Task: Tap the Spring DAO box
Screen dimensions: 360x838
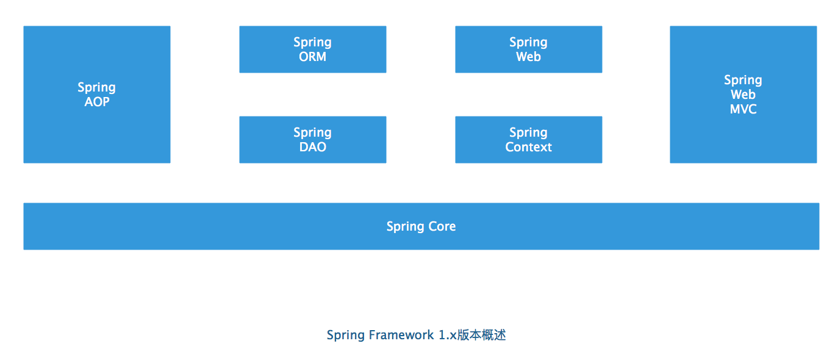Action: point(312,156)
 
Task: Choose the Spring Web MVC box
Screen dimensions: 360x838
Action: point(743,134)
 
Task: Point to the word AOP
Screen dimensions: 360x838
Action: point(97,102)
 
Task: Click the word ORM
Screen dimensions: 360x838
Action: point(312,57)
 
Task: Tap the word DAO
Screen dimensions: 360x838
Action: point(312,147)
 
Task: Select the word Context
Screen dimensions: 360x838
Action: point(528,147)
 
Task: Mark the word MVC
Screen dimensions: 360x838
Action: point(743,109)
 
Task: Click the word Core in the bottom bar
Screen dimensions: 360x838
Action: point(442,226)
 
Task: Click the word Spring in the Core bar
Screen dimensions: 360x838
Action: point(406,227)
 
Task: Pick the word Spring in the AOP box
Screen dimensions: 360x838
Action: point(96,87)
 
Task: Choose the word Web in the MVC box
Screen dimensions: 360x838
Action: point(743,95)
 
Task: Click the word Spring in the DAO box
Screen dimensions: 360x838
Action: point(312,132)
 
